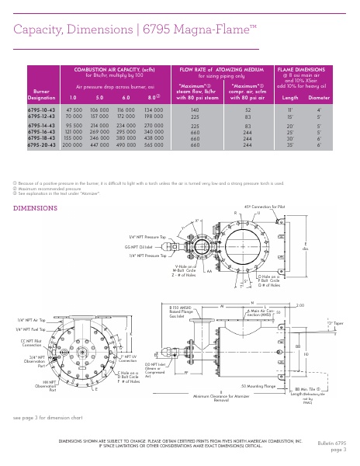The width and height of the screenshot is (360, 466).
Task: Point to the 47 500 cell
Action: (74, 111)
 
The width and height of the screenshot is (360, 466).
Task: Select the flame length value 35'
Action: (290, 144)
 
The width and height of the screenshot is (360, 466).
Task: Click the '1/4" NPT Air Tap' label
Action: (32, 319)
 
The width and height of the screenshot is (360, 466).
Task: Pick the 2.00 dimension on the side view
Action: (322, 305)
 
